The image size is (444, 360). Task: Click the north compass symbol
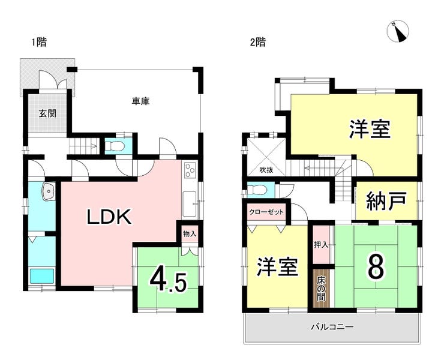coord(398,31)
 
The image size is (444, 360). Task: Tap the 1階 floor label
coord(39,43)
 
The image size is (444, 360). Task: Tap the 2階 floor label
coord(257,43)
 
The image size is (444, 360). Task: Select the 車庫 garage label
coord(141,101)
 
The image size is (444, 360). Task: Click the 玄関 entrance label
coord(47,113)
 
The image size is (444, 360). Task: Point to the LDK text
coord(109,217)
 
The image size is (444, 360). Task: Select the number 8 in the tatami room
coord(376,266)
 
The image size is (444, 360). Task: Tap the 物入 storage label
coord(190,234)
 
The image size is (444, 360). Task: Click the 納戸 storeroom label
coord(386,201)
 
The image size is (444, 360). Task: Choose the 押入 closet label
coord(321,245)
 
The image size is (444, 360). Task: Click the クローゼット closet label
coord(266,212)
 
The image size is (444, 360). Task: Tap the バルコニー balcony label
coord(332,328)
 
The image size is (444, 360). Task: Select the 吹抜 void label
coord(266,170)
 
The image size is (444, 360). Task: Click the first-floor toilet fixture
coord(115,146)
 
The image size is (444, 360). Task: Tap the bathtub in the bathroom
coord(42,276)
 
